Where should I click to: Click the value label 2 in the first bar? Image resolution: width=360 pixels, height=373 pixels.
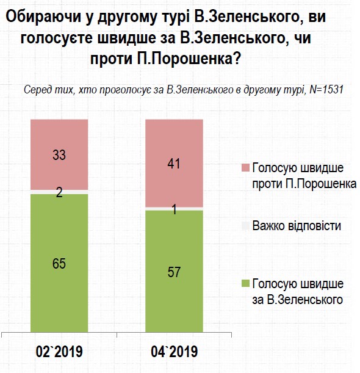pos(59,192)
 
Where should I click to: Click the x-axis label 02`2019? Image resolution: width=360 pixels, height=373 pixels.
pos(59,352)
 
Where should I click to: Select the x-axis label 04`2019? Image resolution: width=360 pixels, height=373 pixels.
pos(174,352)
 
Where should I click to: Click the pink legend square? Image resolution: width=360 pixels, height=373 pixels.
pos(246,168)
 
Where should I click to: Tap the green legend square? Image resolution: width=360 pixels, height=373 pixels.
pos(246,284)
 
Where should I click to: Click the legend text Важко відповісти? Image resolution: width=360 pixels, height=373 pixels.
pos(296,226)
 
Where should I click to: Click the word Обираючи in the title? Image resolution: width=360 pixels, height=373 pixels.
pos(38,18)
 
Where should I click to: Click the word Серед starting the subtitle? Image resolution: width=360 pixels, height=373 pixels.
pos(37,89)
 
